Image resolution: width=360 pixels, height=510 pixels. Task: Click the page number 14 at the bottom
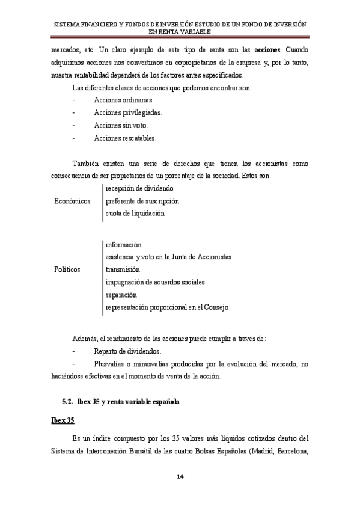[x=180, y=477]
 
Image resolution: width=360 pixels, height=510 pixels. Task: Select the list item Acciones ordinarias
[x=123, y=99]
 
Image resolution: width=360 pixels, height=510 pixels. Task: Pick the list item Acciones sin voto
[x=120, y=125]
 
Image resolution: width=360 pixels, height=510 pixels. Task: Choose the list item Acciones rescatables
[x=125, y=138]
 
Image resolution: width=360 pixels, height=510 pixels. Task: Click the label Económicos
[x=73, y=201]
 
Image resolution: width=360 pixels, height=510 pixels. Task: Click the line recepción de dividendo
[x=139, y=188]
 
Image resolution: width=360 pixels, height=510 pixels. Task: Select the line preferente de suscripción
[x=142, y=201]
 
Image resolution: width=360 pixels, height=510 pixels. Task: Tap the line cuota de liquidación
[x=134, y=214]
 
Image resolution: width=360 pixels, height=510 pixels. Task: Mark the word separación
[x=121, y=295]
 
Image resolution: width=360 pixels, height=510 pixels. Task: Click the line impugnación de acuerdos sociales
[x=154, y=282]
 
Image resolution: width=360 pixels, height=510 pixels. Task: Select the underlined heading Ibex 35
[x=62, y=419]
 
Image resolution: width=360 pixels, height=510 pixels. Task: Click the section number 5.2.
[x=69, y=401]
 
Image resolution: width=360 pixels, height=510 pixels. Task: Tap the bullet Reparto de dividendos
[x=127, y=351]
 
